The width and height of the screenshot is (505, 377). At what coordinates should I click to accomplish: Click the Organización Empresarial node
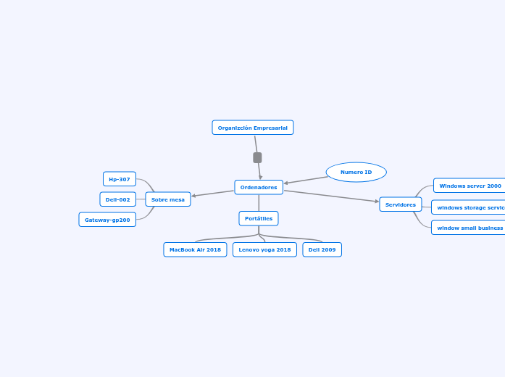(252, 128)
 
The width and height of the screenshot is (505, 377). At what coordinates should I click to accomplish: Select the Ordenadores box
(259, 187)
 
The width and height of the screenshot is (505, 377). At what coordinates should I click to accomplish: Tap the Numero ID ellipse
(356, 172)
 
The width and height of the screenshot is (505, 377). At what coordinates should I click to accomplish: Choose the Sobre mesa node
(167, 199)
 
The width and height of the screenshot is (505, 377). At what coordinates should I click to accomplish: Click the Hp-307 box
(120, 179)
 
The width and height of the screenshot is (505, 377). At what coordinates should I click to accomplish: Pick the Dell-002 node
(117, 199)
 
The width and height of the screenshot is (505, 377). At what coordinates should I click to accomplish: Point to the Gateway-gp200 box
(107, 220)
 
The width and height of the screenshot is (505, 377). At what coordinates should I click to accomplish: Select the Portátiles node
(259, 218)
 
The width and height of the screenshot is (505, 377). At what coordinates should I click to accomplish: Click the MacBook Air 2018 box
(195, 249)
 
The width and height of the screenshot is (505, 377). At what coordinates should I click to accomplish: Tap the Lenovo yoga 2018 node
(264, 249)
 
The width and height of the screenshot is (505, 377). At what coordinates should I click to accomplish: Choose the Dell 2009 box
(322, 249)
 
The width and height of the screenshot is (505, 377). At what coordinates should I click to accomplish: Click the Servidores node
(400, 204)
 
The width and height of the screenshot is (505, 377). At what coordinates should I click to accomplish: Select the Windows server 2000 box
(469, 186)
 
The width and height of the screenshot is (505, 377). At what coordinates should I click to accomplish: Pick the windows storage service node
(469, 207)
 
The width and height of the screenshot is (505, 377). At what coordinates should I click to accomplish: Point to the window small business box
(469, 228)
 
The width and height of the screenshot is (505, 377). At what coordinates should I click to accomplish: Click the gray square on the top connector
(257, 157)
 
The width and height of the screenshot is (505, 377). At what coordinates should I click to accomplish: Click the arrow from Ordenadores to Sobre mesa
(213, 193)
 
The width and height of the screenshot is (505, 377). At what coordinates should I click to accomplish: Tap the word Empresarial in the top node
(270, 128)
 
